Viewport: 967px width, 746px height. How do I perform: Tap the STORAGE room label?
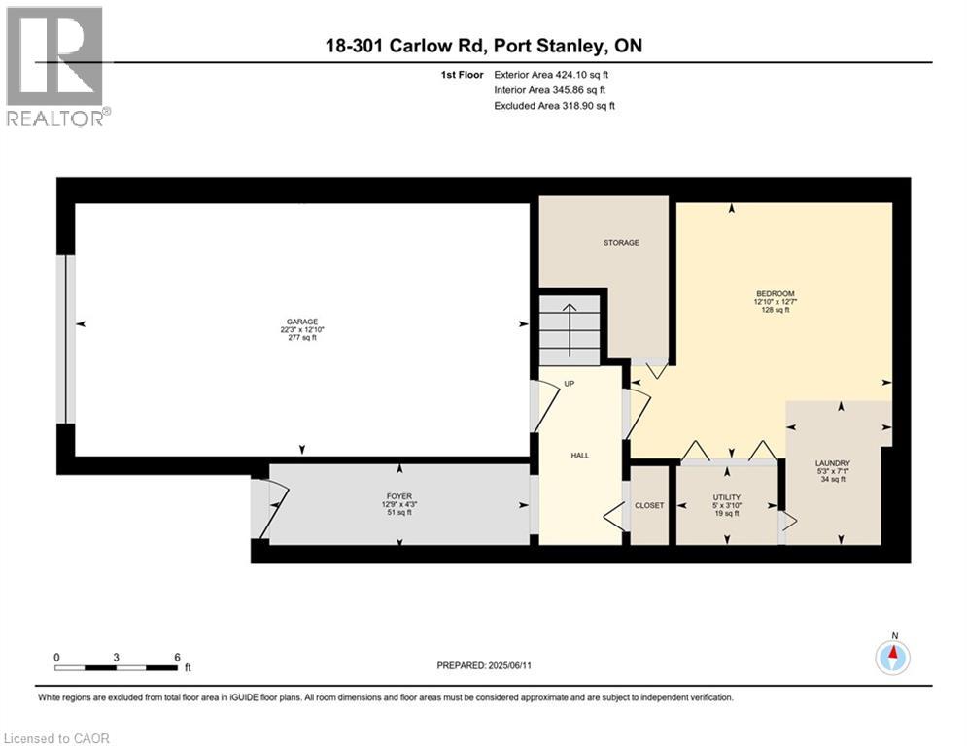coord(621,243)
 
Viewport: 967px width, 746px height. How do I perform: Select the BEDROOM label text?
coord(776,294)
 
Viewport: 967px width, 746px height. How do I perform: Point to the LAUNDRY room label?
coord(833,463)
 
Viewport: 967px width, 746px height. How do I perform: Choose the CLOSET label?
coord(649,506)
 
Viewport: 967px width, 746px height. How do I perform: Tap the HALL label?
coord(580,455)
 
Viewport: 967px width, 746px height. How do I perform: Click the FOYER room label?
coord(399,497)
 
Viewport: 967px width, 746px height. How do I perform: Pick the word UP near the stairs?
coord(570,384)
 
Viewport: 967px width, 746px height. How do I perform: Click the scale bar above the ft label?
coord(117,667)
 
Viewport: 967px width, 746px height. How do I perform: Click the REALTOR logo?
coord(55,65)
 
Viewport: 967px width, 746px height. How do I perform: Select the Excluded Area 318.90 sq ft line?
coord(554,106)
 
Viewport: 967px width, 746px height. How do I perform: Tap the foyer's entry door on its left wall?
coord(267,508)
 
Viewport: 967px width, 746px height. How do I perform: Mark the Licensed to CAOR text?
coord(56,738)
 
